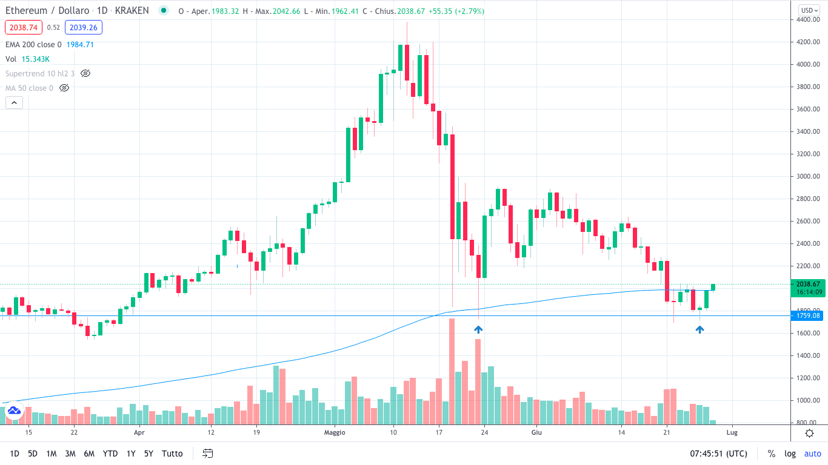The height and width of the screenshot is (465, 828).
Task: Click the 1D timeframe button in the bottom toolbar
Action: [x=15, y=453]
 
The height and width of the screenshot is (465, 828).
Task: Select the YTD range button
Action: [x=110, y=453]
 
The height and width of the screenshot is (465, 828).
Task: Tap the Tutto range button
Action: [x=172, y=453]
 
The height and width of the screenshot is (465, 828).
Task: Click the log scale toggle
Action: [x=790, y=453]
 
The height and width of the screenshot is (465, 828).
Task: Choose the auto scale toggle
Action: [x=812, y=453]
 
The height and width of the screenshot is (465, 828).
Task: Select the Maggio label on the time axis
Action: [x=335, y=432]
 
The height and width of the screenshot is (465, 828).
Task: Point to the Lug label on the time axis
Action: [x=732, y=432]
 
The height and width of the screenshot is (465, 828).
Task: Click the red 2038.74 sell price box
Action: [x=23, y=27]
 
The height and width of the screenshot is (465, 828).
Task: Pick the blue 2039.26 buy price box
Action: [x=85, y=27]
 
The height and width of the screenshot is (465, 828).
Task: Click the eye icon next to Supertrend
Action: [x=85, y=73]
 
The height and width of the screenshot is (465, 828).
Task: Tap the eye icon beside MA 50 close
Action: [x=64, y=88]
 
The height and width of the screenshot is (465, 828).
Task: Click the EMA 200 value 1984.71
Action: [x=80, y=44]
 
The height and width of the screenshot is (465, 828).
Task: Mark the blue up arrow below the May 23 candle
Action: [x=478, y=329]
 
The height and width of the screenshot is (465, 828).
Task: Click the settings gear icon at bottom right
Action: [x=809, y=433]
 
